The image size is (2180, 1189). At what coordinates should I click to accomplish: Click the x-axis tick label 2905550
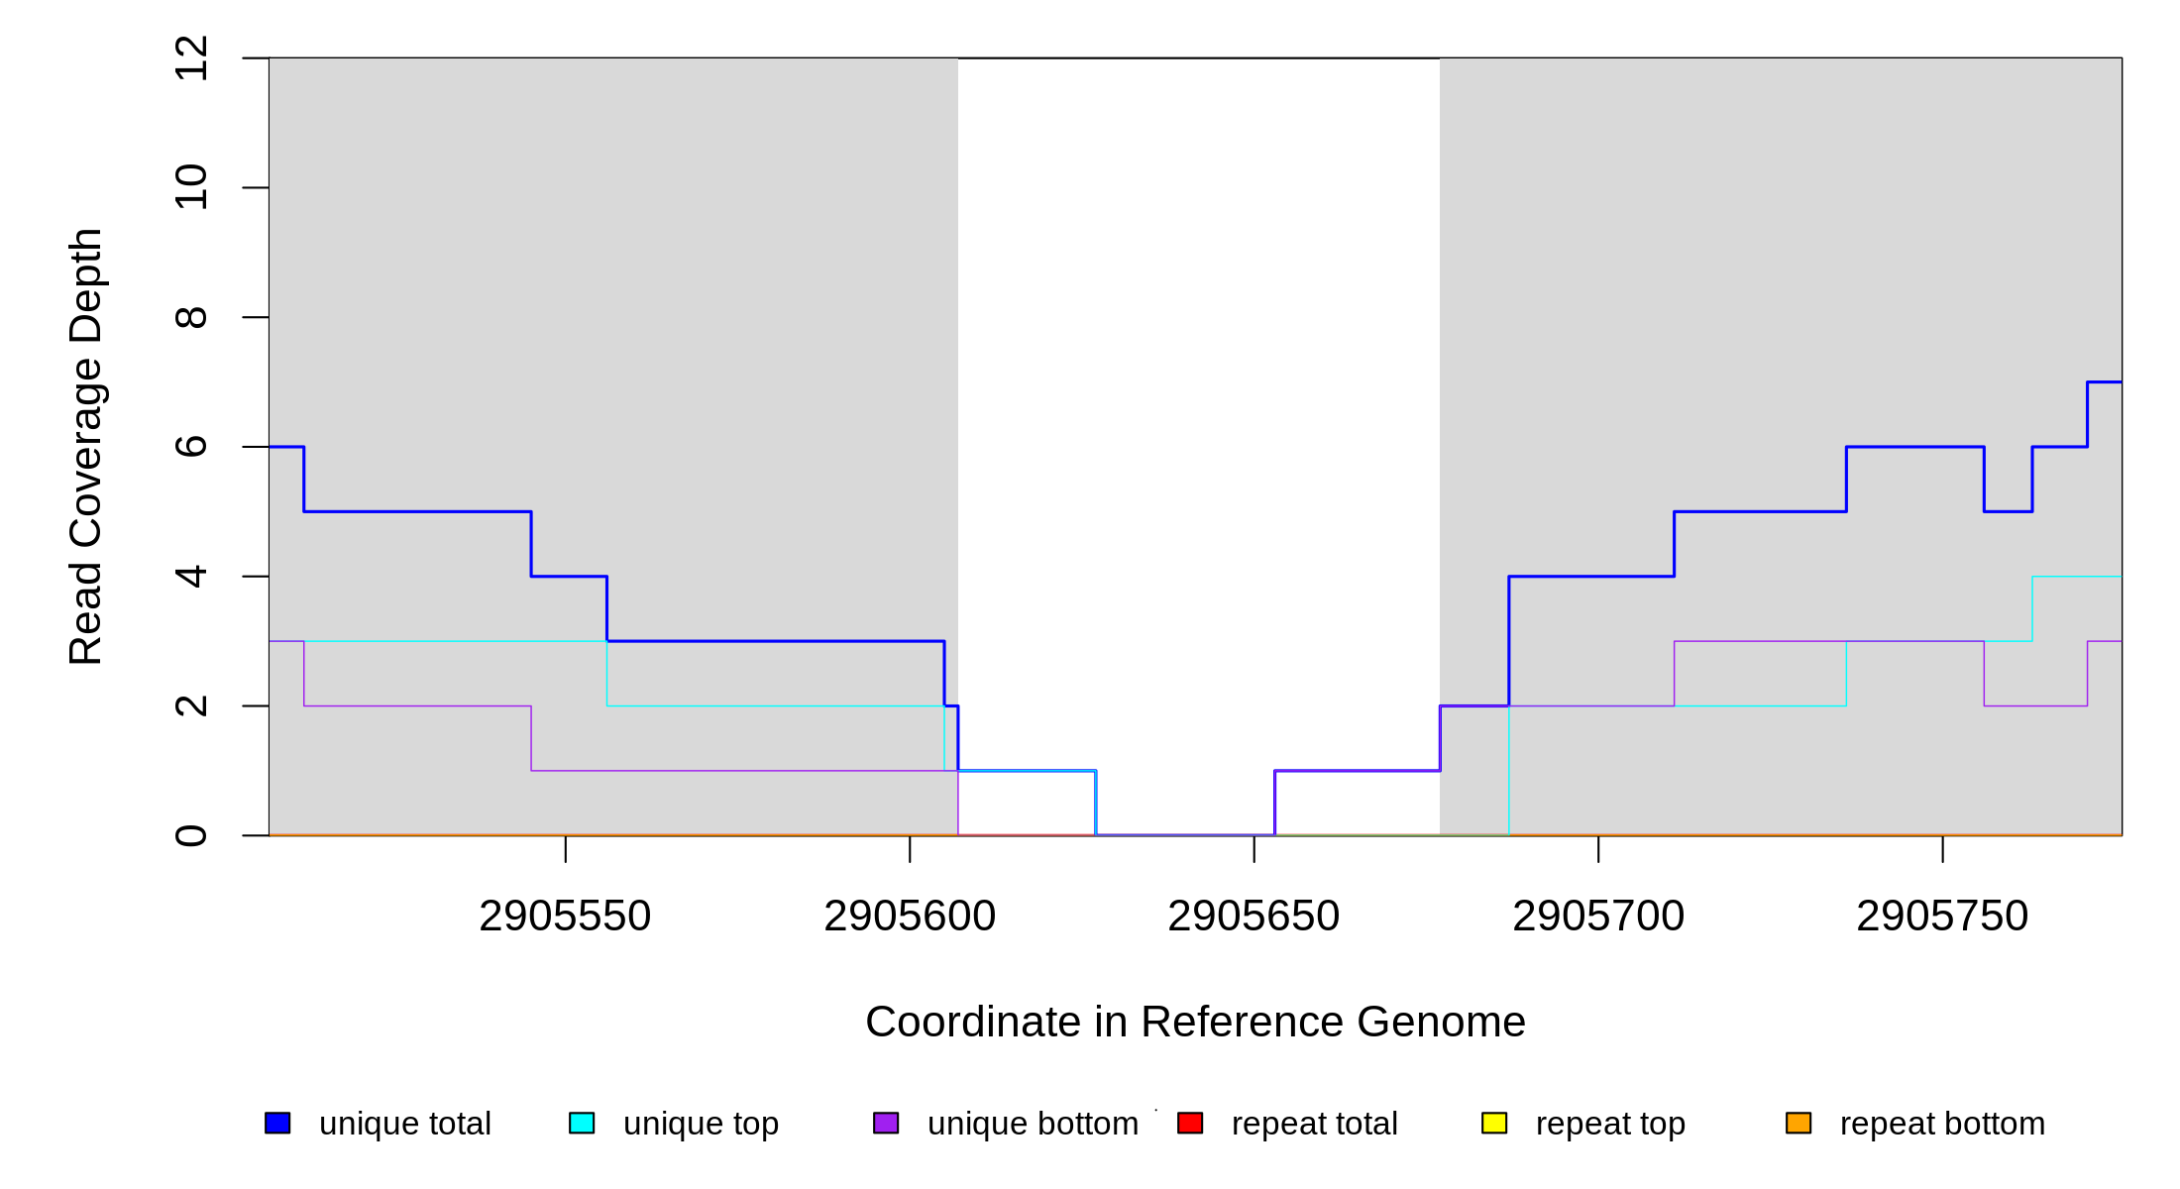[x=565, y=917]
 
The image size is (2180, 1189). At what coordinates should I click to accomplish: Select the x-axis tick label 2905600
[x=910, y=917]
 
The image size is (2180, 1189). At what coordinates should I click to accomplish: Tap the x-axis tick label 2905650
[x=1253, y=917]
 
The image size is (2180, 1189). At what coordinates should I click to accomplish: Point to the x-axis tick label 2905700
[x=1598, y=917]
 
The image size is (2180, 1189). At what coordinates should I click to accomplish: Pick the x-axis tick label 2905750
[x=1942, y=917]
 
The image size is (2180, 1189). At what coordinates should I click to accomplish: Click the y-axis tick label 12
[x=191, y=58]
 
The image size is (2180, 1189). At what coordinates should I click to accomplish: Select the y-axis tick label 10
[x=191, y=187]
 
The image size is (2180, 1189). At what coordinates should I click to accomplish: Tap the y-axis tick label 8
[x=191, y=317]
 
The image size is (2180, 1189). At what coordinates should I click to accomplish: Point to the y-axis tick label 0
[x=191, y=835]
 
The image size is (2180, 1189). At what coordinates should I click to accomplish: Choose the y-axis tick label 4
[x=191, y=577]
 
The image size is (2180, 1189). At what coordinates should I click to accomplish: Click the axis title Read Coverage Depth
[x=86, y=447]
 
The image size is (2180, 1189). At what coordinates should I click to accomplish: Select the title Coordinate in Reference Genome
[x=1195, y=1022]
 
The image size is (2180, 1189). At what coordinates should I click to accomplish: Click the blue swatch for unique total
[x=277, y=1123]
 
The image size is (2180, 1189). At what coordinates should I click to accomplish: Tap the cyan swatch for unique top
[x=582, y=1123]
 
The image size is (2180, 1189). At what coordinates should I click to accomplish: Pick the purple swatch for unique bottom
[x=886, y=1123]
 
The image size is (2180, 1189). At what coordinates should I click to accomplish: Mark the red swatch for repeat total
[x=1190, y=1123]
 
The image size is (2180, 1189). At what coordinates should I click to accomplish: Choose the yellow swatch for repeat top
[x=1494, y=1123]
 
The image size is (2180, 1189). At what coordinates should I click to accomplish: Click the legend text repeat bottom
[x=1942, y=1124]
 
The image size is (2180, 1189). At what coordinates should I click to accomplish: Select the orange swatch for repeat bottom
[x=1798, y=1123]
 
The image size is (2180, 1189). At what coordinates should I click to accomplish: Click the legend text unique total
[x=405, y=1124]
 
